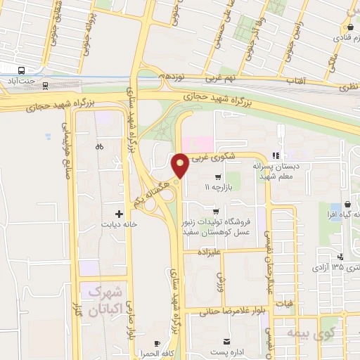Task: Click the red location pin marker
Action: [180, 165]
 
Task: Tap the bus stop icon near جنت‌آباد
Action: [22, 71]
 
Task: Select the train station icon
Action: [46, 86]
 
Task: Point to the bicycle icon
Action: [99, 147]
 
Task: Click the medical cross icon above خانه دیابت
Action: [118, 213]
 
